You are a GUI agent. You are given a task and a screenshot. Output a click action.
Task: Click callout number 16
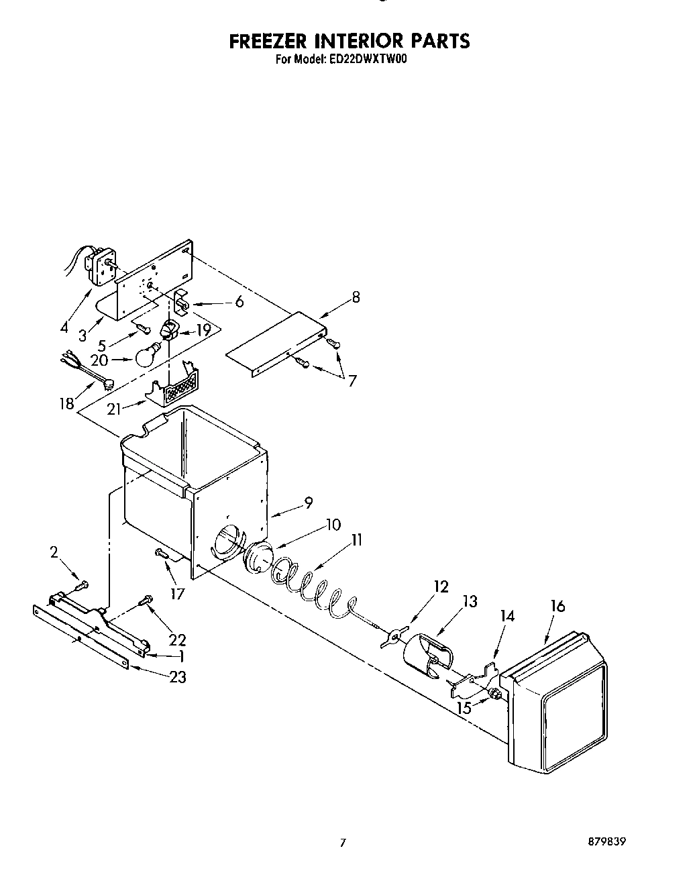(x=557, y=607)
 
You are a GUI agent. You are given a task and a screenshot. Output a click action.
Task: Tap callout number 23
(x=177, y=677)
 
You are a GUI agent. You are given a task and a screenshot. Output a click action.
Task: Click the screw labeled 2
(x=81, y=585)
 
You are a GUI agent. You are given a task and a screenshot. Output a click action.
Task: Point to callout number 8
(x=356, y=297)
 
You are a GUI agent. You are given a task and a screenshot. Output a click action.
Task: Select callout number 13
(x=470, y=602)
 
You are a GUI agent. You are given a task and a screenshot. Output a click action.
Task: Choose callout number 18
(x=66, y=405)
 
